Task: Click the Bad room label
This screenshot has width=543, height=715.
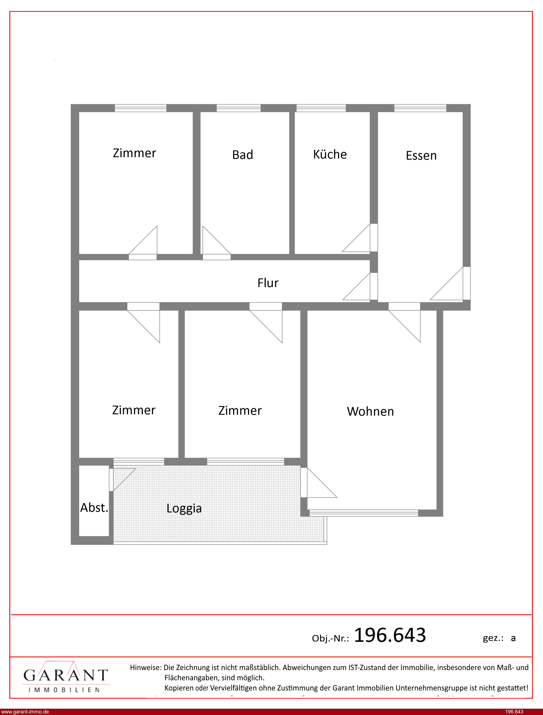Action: coord(242,155)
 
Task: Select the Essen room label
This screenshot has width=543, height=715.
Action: coord(421,156)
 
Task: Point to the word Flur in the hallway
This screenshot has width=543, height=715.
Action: coord(268,283)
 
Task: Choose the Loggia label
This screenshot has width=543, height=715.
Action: coord(184,508)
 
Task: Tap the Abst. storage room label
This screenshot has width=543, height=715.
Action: coord(94,507)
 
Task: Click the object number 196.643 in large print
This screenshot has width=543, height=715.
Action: coord(390,635)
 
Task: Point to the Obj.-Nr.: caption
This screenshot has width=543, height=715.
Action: coord(330,638)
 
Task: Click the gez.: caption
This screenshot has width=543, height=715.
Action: coord(493,638)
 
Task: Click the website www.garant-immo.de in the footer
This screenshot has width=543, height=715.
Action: coord(25,712)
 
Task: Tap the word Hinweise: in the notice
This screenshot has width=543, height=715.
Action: coord(145,667)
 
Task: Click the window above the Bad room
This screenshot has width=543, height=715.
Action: coord(238,108)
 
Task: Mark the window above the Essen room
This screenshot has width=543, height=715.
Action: coord(420,108)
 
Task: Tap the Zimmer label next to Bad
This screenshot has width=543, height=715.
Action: coord(135,153)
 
